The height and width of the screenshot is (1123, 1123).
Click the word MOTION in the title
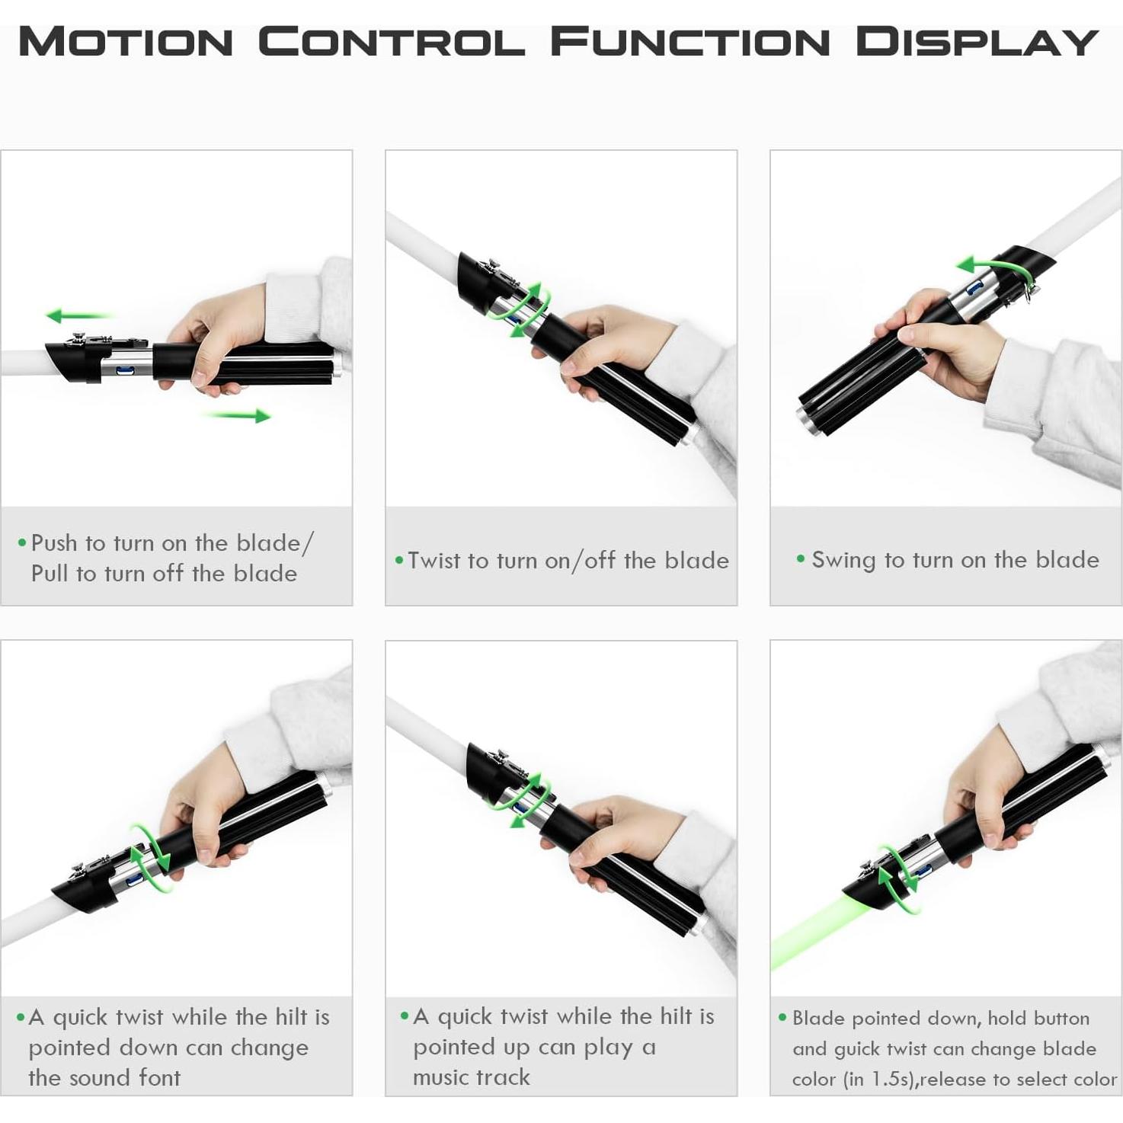126,42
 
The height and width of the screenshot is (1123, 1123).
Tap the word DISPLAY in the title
977,42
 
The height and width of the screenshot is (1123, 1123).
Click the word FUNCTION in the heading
690,42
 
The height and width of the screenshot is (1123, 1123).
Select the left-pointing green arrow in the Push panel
80,316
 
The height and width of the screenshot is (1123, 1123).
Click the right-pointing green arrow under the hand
236,415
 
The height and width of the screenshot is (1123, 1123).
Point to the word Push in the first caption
54,543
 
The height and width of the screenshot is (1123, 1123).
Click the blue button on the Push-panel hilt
125,370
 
